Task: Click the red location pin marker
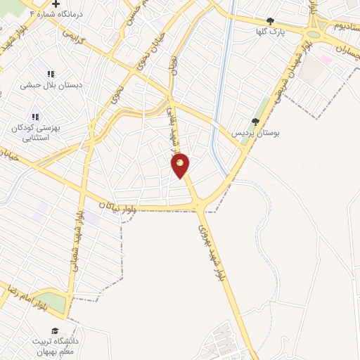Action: (181, 165)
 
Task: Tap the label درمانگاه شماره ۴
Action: (56, 13)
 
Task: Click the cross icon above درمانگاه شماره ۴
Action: (56, 4)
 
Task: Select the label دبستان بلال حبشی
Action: (51, 84)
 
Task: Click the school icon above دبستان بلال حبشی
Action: (51, 74)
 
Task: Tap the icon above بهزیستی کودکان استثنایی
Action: (35, 117)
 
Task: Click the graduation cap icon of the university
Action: (54, 330)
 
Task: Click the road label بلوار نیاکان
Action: (112, 206)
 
